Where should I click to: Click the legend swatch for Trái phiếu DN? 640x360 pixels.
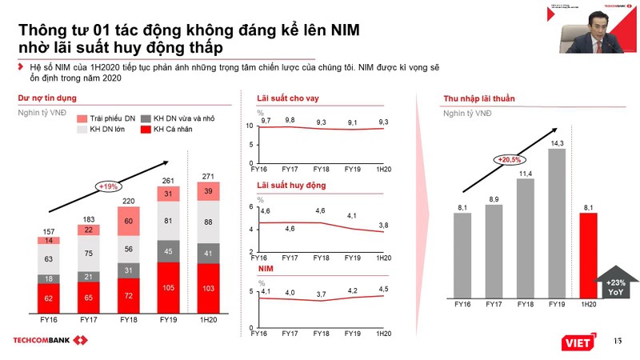point(82,118)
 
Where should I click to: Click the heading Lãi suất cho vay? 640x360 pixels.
point(287,98)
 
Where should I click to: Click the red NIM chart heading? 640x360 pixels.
point(265,270)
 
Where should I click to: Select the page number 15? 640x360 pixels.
point(616,342)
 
